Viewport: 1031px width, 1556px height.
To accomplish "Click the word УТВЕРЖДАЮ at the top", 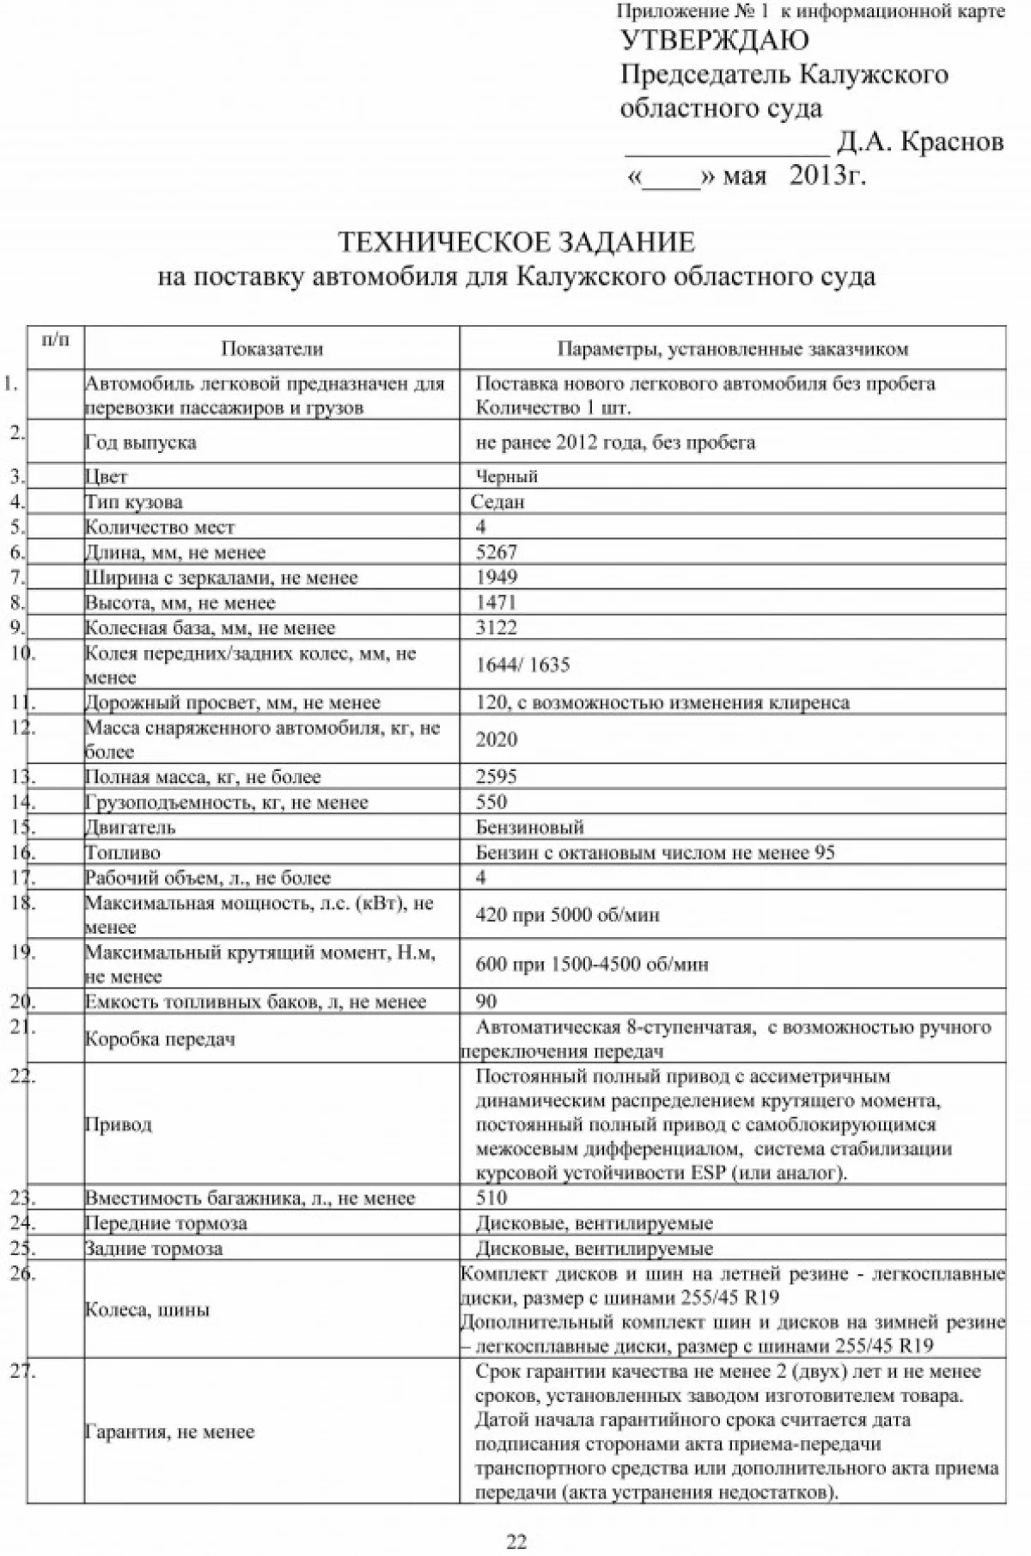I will pos(714,40).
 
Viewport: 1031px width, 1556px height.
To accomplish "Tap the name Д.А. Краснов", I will pos(920,142).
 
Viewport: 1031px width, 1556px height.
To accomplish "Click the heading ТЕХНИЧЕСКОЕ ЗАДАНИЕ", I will pos(515,242).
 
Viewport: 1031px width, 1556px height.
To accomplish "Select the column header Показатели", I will pos(271,349).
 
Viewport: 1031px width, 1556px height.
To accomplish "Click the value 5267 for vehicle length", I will pos(497,552).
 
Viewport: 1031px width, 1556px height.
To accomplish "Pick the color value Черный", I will pos(507,476).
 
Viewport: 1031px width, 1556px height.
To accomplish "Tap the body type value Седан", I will pos(497,502).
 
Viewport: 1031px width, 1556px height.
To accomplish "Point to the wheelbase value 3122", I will pos(497,628).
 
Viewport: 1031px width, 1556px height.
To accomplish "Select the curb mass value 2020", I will pos(497,739).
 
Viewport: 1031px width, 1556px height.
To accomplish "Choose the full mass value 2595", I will pos(497,777).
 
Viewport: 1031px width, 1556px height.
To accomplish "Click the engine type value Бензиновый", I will pos(530,828).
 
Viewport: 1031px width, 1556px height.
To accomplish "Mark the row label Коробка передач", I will pos(160,1039).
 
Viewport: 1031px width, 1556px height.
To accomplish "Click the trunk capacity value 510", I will pos(491,1198).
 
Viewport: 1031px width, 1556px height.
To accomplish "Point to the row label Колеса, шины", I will pos(147,1310).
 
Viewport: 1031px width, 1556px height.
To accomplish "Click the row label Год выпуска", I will pos(140,443).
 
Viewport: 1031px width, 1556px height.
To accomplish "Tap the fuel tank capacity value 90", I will pos(486,1002).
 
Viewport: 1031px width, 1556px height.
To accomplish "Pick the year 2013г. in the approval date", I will pos(827,176).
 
